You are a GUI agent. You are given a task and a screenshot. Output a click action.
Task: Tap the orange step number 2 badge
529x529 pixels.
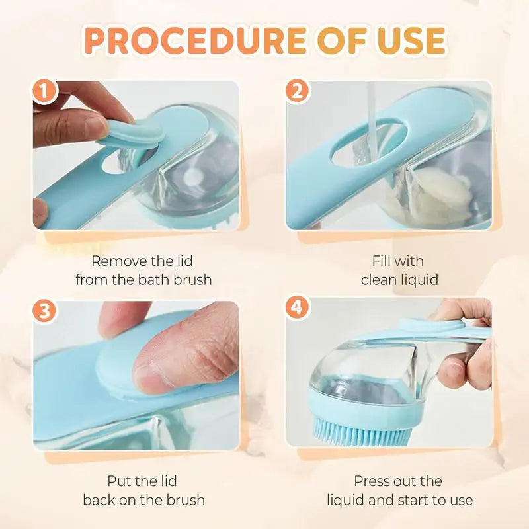pos(297,92)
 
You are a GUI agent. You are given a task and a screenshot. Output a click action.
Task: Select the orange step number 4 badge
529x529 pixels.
pos(297,309)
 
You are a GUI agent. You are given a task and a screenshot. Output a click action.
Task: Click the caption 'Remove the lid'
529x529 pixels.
pos(142,261)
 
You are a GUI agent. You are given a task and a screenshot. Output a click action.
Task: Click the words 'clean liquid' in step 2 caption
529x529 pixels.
pos(399,280)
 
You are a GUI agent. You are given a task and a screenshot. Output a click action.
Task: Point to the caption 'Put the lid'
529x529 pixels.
pos(142,481)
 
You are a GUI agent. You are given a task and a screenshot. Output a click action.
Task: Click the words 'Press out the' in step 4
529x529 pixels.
pos(398,481)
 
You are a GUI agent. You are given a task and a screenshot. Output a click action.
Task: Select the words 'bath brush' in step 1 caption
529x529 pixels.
pos(175,280)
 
